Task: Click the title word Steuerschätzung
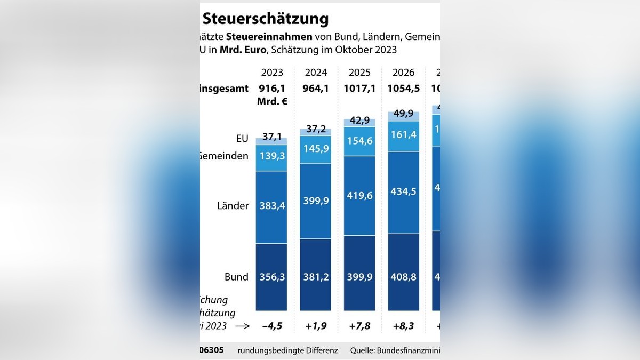tap(265, 19)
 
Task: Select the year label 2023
tap(272, 73)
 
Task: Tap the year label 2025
tap(360, 73)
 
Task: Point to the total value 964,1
tap(316, 89)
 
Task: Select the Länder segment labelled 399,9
tap(316, 201)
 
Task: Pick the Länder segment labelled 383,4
tap(271, 206)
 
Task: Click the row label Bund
tap(236, 277)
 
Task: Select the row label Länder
tap(233, 205)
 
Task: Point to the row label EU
tap(242, 139)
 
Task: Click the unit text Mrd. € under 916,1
tap(272, 101)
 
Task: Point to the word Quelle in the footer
tap(363, 350)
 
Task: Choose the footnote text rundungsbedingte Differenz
tap(287, 350)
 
